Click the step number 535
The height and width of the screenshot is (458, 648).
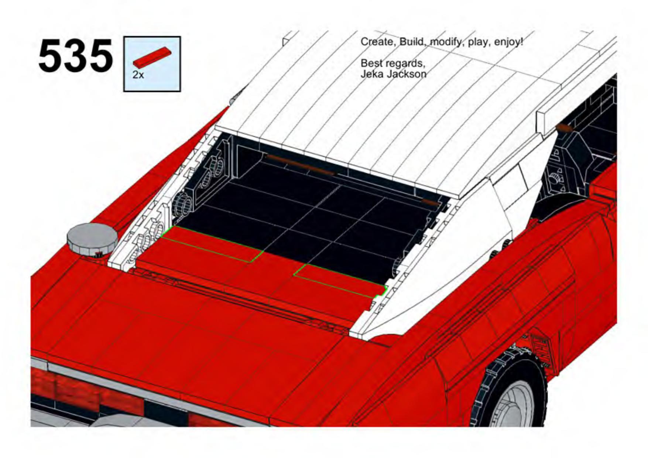coord(75,57)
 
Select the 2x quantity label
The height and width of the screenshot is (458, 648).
coord(138,75)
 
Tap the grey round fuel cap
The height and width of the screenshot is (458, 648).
coord(92,238)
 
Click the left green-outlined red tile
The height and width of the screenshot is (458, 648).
coord(210,244)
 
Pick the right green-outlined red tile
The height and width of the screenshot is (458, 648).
coord(340,280)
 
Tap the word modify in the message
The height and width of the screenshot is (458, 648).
coord(447,42)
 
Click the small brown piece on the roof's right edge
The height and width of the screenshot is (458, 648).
coord(563,128)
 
